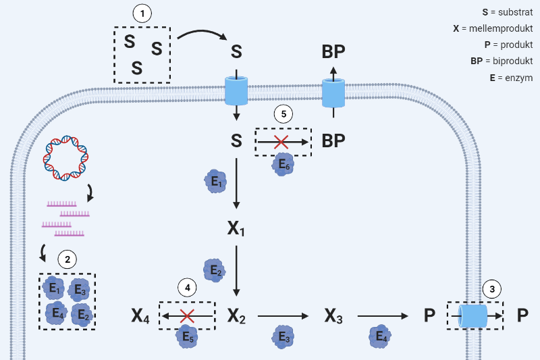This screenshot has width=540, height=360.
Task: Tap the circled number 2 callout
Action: click(67, 258)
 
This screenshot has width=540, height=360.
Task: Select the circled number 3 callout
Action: click(493, 289)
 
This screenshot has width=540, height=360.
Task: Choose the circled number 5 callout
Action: click(283, 114)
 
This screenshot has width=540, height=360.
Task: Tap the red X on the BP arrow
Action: click(281, 141)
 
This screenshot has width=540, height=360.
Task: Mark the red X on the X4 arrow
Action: click(188, 315)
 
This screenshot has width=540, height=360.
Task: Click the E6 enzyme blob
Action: click(283, 163)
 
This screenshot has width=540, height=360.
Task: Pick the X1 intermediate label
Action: click(236, 228)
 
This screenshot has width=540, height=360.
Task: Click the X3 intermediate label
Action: click(333, 315)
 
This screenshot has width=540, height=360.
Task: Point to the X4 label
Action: click(141, 315)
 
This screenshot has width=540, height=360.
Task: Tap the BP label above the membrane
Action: click(333, 52)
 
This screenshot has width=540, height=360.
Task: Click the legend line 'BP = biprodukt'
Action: click(502, 61)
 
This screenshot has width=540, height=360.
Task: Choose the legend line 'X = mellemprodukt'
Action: click(493, 29)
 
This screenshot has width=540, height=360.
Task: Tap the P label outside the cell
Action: click(522, 315)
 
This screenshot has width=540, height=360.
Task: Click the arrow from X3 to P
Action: click(382, 315)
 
